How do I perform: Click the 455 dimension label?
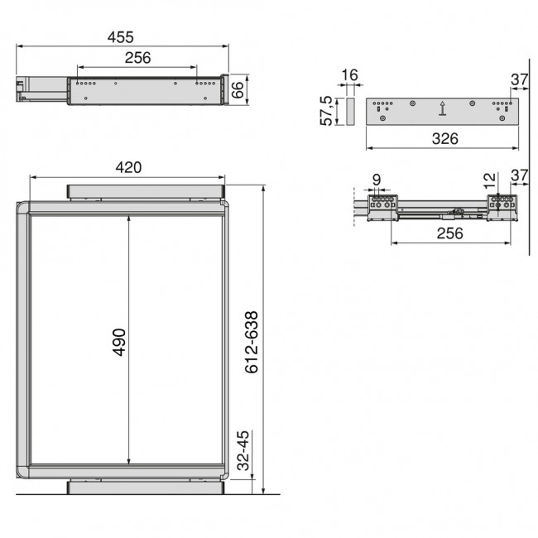click(121, 38)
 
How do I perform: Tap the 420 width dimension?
click(128, 168)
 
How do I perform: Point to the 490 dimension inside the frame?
click(118, 340)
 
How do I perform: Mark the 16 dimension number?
click(349, 76)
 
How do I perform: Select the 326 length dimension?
click(444, 139)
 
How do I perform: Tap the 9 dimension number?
click(376, 179)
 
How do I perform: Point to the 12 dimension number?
click(490, 177)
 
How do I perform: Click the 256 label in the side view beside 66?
click(137, 58)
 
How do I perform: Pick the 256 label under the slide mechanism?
click(449, 233)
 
